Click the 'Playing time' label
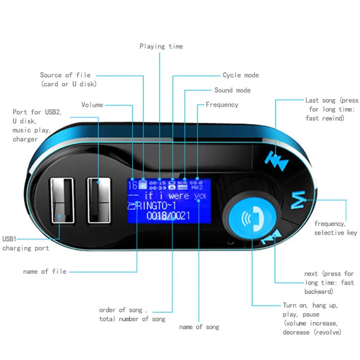(x=161, y=46)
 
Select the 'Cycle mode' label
(x=241, y=75)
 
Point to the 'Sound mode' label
(x=232, y=90)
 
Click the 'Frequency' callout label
(x=222, y=105)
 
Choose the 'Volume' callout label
(x=92, y=105)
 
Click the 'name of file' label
(x=45, y=271)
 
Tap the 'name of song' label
(x=199, y=327)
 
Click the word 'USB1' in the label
(x=11, y=239)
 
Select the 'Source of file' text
(x=65, y=75)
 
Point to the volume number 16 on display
(x=133, y=185)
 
